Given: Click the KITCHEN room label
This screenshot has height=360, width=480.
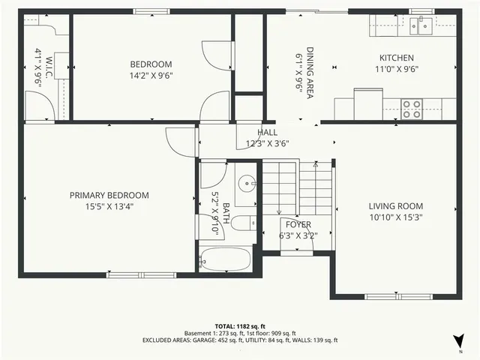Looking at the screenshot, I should [396, 58].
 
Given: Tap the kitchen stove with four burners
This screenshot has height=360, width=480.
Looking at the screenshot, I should [412, 109].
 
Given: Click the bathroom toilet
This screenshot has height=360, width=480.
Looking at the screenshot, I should [242, 223].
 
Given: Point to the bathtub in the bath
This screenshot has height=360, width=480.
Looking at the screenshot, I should [228, 259].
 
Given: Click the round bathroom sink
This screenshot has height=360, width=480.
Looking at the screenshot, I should [247, 184].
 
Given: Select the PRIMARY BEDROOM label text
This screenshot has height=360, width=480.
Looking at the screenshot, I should [109, 195].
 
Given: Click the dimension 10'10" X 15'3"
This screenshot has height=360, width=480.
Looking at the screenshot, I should [395, 217].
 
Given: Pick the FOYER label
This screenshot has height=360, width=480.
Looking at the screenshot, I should [298, 224].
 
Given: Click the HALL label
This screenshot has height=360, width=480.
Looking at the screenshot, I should [267, 132].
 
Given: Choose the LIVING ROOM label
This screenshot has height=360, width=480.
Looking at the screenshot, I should [395, 206].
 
